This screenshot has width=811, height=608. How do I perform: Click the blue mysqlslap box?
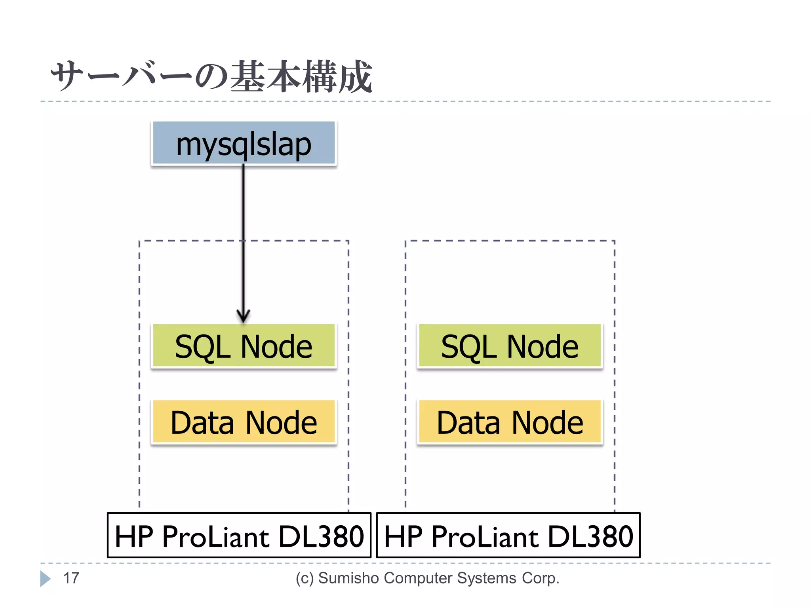(244, 143)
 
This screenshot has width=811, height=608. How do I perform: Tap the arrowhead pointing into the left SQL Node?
(243, 316)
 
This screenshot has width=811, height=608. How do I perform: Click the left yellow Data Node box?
(244, 422)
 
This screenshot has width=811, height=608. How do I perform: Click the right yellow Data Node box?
(510, 422)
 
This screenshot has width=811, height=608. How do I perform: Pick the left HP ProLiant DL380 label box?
(239, 535)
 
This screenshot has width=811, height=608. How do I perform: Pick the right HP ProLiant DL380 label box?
(508, 535)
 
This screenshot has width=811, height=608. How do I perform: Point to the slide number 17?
(71, 578)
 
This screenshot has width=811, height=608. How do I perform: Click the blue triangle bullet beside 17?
(45, 579)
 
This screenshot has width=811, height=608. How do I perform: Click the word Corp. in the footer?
(540, 578)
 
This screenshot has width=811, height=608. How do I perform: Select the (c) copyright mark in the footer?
(305, 578)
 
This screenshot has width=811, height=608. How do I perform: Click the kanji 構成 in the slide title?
(337, 76)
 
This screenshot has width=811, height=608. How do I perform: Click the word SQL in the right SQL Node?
(469, 347)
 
